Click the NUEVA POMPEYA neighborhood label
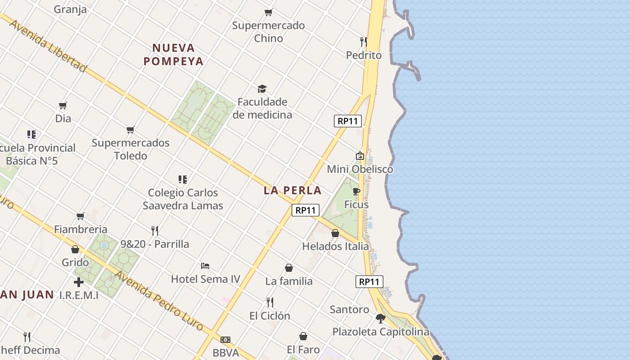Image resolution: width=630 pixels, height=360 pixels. click(174, 54)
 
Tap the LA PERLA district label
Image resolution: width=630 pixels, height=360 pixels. click(292, 190)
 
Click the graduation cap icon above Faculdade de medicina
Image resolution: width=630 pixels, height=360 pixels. click(262, 89)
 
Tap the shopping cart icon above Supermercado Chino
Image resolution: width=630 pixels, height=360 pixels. click(269, 12)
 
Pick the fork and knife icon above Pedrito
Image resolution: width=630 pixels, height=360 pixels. click(363, 42)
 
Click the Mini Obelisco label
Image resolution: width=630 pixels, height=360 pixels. click(360, 169)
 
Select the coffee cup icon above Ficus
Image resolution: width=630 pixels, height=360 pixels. click(356, 191)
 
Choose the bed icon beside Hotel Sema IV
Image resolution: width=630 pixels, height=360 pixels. click(205, 265)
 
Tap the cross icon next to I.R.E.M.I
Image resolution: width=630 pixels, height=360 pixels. click(79, 283)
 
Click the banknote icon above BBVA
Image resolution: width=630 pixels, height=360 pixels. click(225, 340)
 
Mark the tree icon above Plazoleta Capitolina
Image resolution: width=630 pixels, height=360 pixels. click(381, 319)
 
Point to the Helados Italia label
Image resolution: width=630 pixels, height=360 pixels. click(335, 246)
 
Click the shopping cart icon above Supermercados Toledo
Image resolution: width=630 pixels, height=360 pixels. click(130, 130)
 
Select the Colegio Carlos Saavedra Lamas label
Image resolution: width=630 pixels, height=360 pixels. click(183, 199)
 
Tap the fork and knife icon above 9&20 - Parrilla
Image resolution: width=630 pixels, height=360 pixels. click(155, 231)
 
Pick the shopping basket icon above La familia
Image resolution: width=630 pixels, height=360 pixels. click(289, 268)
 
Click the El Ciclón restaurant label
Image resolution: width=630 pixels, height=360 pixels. click(270, 316)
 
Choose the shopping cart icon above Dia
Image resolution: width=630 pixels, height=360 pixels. click(63, 105)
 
